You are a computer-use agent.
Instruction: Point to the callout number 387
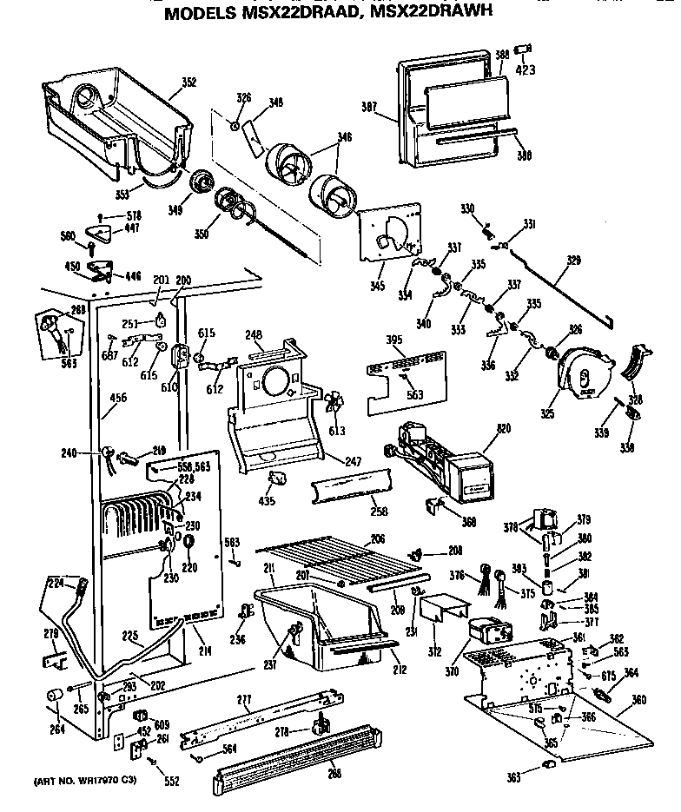click(371, 107)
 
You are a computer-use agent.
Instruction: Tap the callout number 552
click(171, 782)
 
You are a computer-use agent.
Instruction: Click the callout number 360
click(639, 699)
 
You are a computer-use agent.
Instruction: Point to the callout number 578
click(135, 215)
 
